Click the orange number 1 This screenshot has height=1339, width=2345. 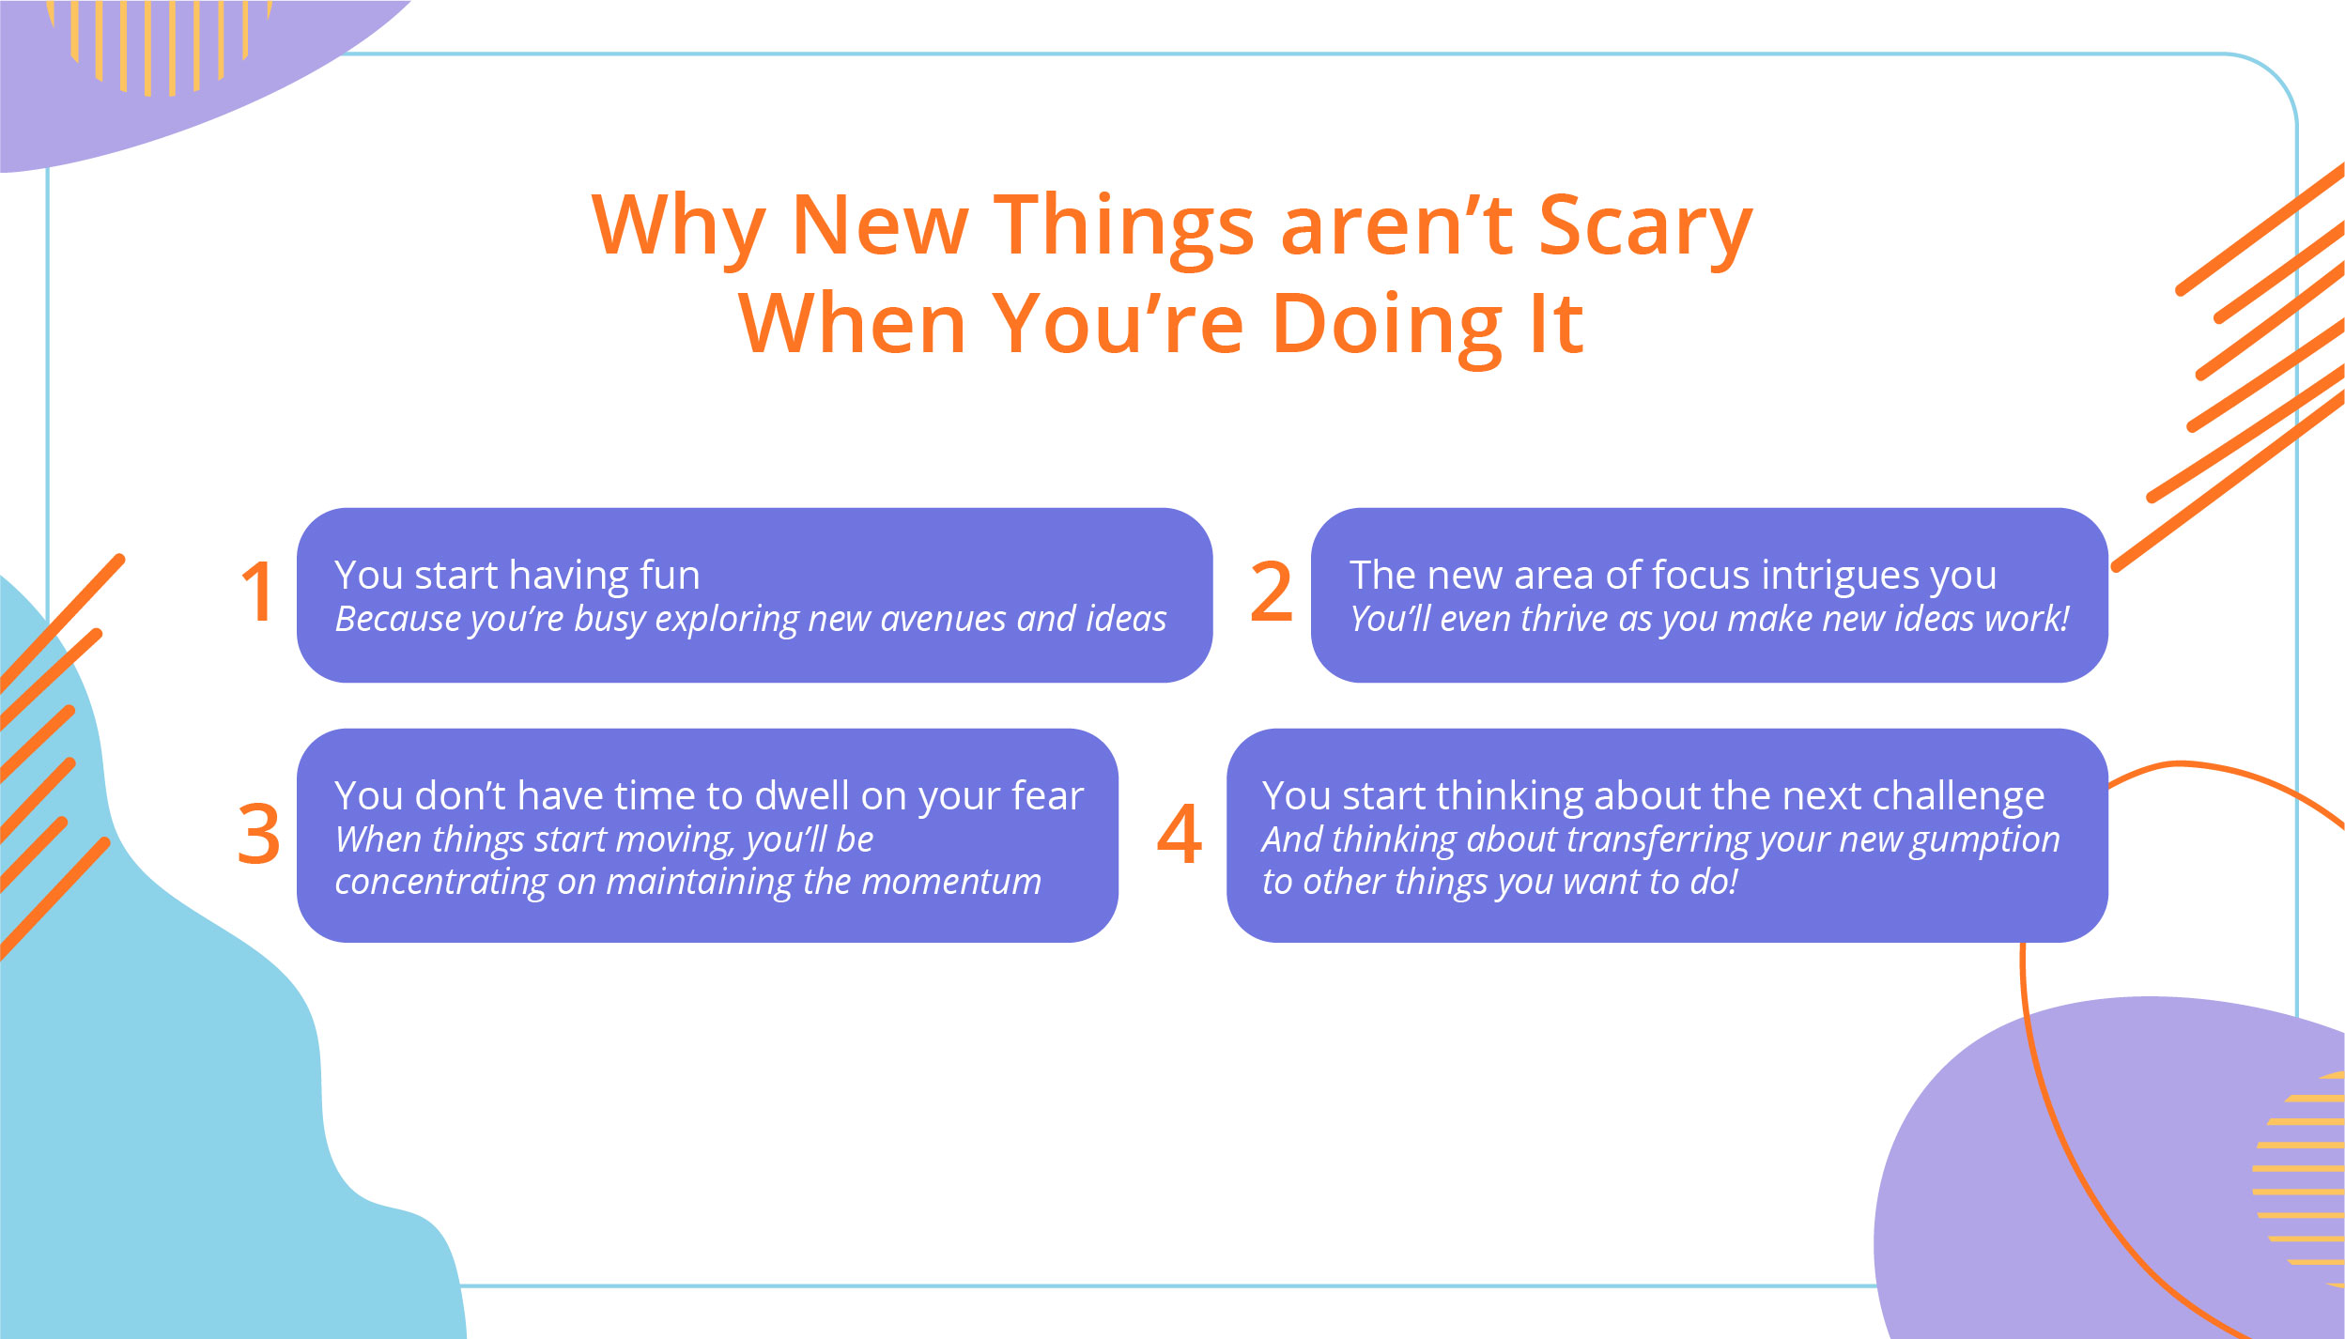point(257,592)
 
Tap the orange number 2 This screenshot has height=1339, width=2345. point(1272,592)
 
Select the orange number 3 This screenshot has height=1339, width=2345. point(258,834)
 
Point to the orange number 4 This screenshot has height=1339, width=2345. point(1180,834)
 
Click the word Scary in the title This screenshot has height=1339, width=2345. point(1645,226)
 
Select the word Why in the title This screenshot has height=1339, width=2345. point(679,226)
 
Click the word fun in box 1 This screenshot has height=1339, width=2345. point(670,575)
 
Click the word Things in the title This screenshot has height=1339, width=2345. point(1124,226)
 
